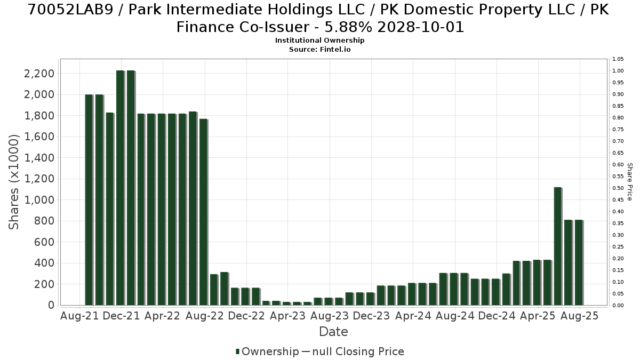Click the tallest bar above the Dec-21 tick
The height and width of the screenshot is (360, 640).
tap(121, 188)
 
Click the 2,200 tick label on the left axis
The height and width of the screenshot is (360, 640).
tap(39, 74)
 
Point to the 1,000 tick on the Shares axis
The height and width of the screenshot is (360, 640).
tap(39, 200)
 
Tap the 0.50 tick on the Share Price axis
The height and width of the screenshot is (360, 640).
tap(618, 188)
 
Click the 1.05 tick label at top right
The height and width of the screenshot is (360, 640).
tap(618, 59)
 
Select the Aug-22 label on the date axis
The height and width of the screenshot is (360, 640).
tap(205, 316)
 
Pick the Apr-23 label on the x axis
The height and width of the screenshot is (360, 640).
tap(287, 316)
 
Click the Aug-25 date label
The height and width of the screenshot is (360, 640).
tap(579, 316)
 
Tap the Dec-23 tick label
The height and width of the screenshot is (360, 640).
tap(371, 316)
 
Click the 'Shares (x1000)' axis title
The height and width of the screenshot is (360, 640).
tap(14, 182)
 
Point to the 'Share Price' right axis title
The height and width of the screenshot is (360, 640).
tap(630, 182)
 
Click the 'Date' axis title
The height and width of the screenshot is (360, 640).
tap(333, 332)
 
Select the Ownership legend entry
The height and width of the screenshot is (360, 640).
tap(267, 351)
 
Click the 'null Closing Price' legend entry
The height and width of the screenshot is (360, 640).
tap(353, 351)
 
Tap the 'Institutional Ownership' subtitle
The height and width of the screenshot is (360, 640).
tap(319, 41)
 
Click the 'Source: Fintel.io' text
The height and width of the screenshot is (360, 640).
tap(319, 50)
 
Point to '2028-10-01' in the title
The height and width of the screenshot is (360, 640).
tap(421, 27)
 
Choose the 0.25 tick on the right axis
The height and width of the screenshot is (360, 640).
tap(618, 247)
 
